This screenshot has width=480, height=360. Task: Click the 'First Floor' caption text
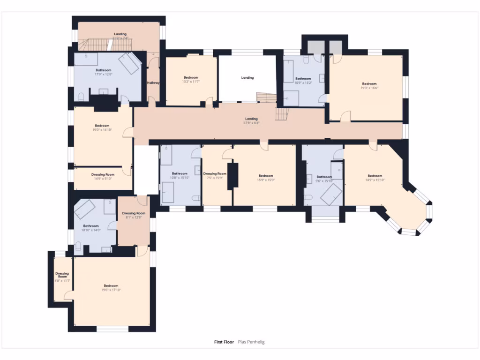pos(224,342)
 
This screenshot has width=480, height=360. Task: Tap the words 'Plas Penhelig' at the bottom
pos(251,342)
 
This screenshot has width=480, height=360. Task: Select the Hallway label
pos(153,83)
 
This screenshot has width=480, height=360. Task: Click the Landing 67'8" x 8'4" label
pos(251,121)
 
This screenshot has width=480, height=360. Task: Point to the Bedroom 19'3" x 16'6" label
pos(369,86)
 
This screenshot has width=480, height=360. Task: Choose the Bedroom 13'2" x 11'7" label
pos(191,80)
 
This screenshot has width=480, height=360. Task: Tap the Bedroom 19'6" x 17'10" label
pos(111,288)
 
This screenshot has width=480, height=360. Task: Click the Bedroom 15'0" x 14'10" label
pos(102,127)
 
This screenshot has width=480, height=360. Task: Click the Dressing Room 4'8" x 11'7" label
pos(62,277)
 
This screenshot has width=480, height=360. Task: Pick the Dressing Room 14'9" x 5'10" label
pos(102,176)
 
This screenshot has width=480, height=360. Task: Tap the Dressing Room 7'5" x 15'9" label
pos(215,176)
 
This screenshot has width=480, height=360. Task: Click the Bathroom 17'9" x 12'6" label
pos(104,72)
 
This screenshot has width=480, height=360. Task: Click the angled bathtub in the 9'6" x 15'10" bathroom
pos(331,194)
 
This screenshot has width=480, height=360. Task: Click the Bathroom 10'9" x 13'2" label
pos(303,81)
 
